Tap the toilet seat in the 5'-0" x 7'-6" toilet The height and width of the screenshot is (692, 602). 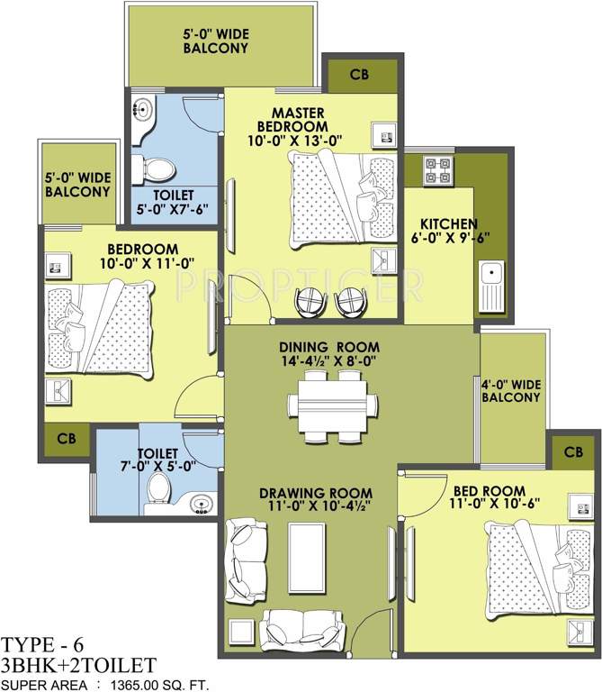tap(154, 168)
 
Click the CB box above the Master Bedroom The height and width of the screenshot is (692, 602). tap(359, 75)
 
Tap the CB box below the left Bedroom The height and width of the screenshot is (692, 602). tap(66, 439)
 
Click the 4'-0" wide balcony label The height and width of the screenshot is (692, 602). tap(511, 392)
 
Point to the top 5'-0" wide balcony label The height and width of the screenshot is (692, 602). tap(216, 41)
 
